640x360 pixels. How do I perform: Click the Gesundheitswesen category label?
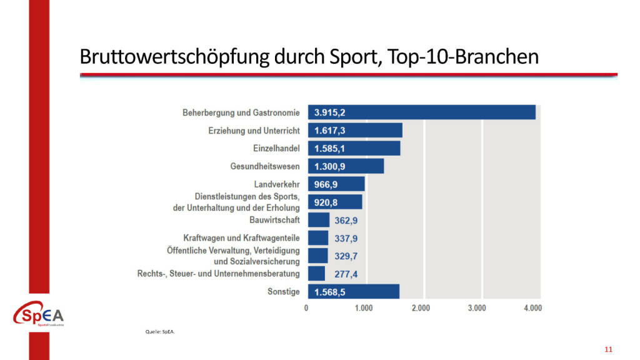pos(265,167)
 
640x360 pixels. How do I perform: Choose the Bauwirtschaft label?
pos(274,220)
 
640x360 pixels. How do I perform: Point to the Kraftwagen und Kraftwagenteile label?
pos(241,238)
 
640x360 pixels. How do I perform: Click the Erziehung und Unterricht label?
pos(254,131)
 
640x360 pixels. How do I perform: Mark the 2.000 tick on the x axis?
pos(421,308)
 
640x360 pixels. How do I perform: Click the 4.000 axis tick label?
pos(532,308)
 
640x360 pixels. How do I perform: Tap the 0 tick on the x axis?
pos(306,308)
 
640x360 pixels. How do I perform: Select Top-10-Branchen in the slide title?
pos(462,57)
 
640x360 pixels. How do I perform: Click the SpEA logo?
pos(39,315)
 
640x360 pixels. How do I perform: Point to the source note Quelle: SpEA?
pos(161,332)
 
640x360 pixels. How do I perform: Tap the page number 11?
pos(608,349)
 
